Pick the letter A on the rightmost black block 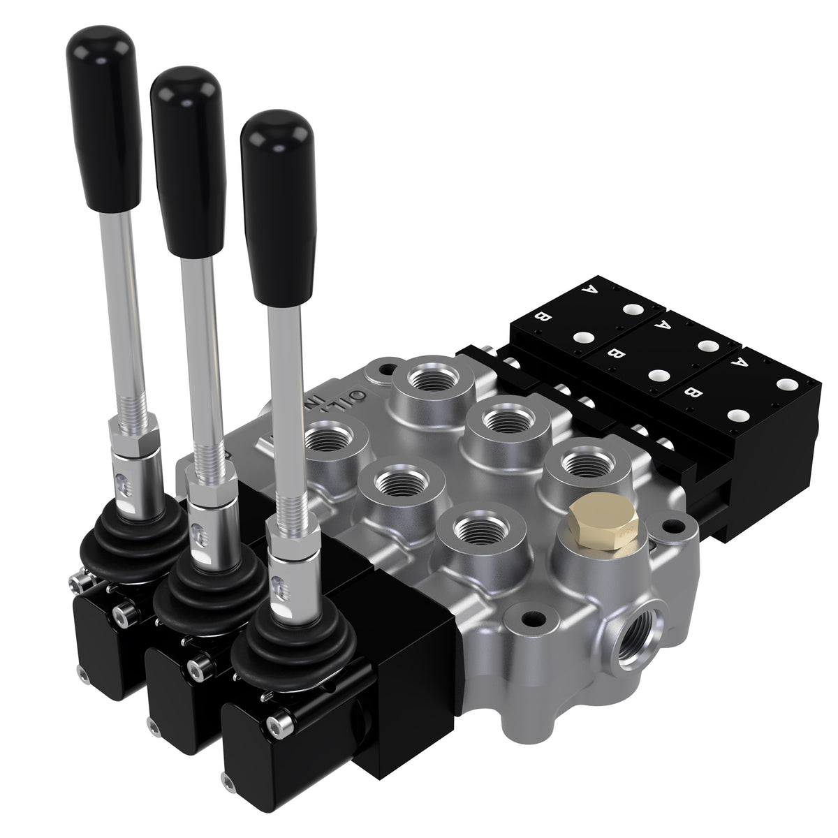(735, 362)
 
